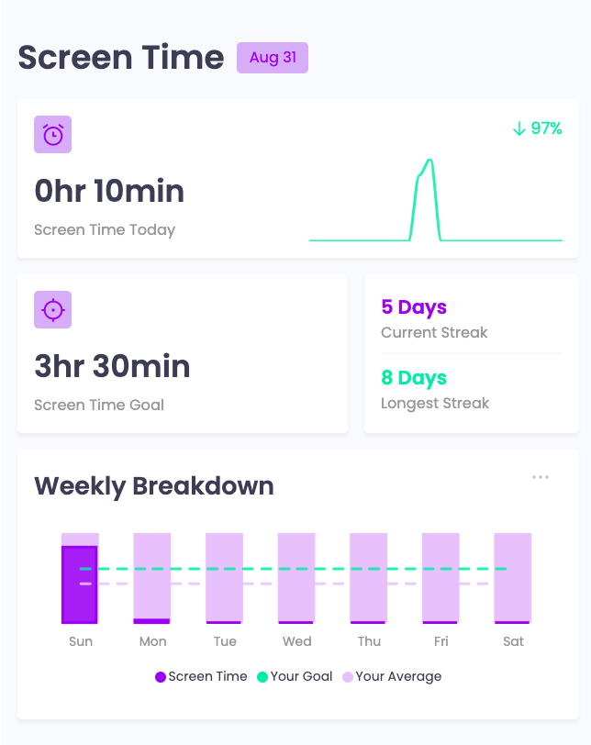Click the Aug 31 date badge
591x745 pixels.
273,58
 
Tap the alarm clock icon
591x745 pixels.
52,135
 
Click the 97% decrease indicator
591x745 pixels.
537,128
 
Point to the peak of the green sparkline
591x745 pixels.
429,161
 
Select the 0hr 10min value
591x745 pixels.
109,191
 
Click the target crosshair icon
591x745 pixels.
52,310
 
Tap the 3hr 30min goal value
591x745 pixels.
112,366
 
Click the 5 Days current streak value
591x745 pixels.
414,307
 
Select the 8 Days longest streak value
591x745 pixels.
414,378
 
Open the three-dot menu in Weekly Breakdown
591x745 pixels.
541,477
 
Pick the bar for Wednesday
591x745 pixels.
296,578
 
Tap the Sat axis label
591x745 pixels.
514,641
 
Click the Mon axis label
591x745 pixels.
152,641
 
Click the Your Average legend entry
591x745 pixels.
392,677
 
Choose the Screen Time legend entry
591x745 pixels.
201,677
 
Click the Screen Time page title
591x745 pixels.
121,58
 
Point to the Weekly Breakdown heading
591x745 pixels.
154,485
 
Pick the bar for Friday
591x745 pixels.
440,578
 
